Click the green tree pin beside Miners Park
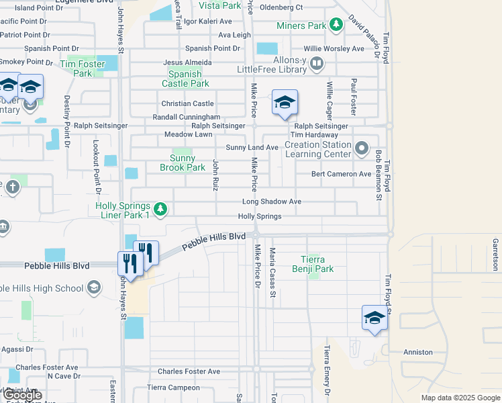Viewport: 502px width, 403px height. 336,26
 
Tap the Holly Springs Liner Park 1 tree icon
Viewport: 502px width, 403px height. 160,210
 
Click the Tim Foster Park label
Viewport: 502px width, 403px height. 85,69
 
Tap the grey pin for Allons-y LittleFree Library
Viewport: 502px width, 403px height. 316,64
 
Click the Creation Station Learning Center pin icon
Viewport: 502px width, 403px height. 362,148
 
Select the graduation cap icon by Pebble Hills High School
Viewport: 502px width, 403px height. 94,288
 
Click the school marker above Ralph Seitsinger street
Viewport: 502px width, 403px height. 285,103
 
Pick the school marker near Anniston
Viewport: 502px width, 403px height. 375,318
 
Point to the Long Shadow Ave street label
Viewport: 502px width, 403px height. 272,201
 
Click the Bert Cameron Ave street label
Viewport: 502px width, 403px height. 341,174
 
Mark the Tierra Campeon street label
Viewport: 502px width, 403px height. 174,388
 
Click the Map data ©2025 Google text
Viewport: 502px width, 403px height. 460,398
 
